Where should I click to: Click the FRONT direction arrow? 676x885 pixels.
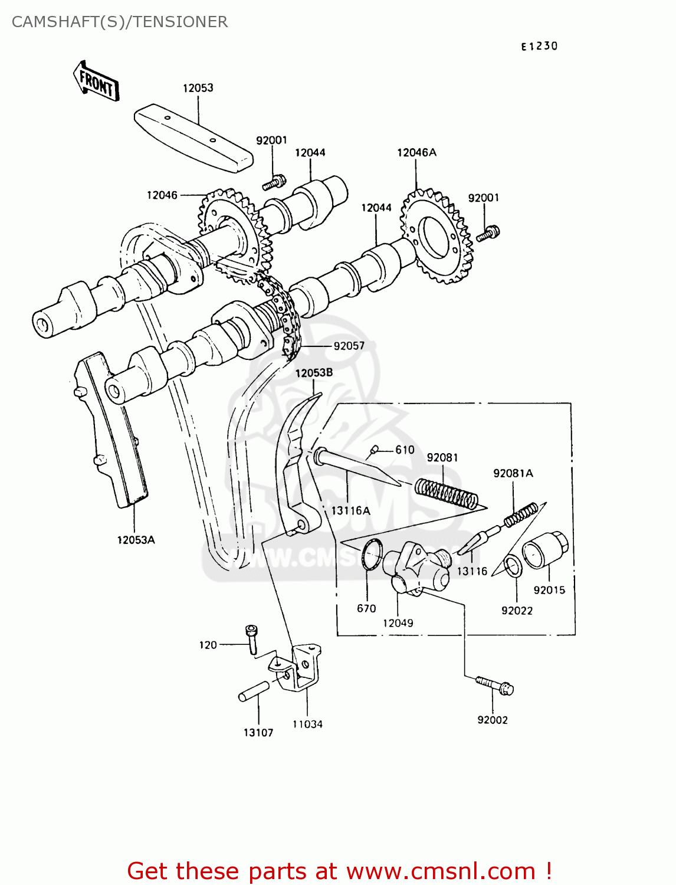96,81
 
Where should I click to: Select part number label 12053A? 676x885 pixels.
136,540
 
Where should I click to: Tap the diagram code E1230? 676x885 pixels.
539,46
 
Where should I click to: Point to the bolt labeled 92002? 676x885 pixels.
495,686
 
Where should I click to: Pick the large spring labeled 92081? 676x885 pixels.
446,492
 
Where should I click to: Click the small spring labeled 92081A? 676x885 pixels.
520,513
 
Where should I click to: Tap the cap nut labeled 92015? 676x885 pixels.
545,550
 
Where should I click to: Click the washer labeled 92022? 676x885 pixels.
513,566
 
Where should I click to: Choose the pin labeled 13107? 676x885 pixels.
254,691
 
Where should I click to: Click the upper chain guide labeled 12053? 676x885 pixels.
193,137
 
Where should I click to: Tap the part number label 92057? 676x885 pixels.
349,346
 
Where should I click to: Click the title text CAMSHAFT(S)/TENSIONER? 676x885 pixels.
120,22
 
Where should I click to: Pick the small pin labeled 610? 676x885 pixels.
373,451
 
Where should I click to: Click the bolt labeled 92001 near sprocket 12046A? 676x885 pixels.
488,233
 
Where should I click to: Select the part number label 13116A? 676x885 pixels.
350,511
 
